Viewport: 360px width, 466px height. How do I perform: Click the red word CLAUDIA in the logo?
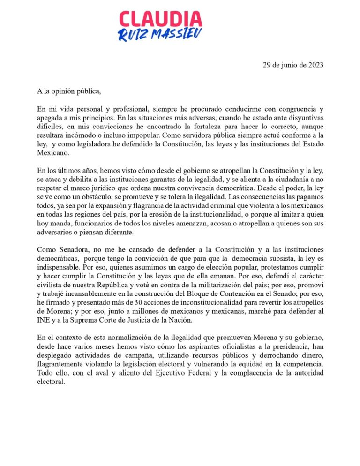coord(161,19)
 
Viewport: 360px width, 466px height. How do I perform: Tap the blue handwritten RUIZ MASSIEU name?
coord(161,34)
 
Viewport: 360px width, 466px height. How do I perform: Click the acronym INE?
coord(43,329)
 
